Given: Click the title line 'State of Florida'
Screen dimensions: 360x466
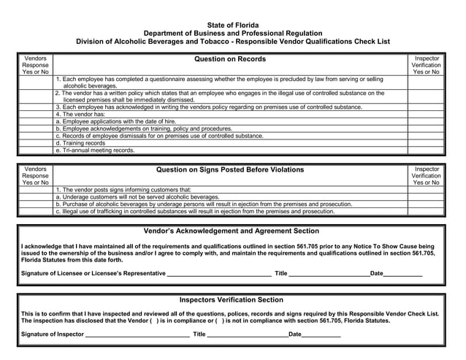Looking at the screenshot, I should pyautogui.click(x=232, y=25).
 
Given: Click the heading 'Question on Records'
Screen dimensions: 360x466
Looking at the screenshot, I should pyautogui.click(x=229, y=59).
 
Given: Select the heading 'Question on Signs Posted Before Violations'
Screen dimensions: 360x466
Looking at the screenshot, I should pyautogui.click(x=229, y=170).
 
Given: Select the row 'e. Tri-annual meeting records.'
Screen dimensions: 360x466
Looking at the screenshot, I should pyautogui.click(x=95, y=150).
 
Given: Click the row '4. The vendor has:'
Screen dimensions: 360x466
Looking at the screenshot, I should pyautogui.click(x=80, y=114).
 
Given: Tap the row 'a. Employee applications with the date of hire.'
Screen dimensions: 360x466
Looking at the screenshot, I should pyautogui.click(x=116, y=121).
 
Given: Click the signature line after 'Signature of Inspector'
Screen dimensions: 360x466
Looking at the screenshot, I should pyautogui.click(x=137, y=334).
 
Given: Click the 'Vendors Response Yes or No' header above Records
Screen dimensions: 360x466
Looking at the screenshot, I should pyautogui.click(x=35, y=65).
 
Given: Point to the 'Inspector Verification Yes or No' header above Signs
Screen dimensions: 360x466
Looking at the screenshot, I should pyautogui.click(x=426, y=176).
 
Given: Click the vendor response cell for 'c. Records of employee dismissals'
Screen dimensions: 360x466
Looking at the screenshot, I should pyautogui.click(x=35, y=136).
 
